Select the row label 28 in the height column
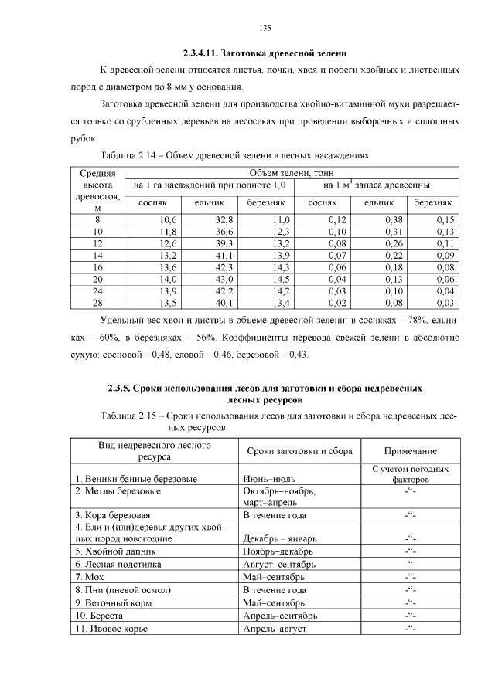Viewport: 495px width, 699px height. pyautogui.click(x=97, y=303)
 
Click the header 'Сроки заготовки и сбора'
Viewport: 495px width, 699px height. pyautogui.click(x=299, y=451)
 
